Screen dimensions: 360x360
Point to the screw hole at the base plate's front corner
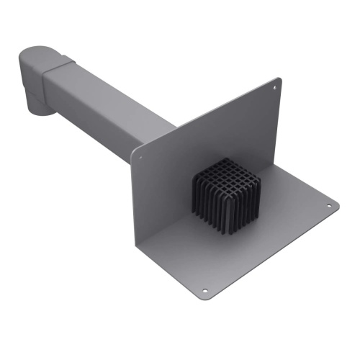tap(204, 291)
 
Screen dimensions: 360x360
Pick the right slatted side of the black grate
tap(243, 205)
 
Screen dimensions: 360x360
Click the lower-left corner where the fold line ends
tap(137, 241)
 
